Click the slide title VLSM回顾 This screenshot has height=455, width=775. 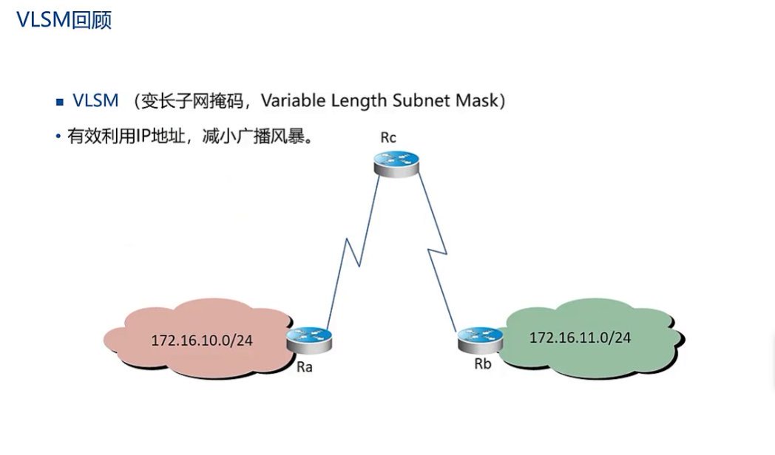tap(64, 20)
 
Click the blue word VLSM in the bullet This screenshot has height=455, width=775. tap(95, 101)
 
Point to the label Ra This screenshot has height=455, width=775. tap(303, 367)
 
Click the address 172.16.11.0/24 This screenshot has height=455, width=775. tap(581, 338)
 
